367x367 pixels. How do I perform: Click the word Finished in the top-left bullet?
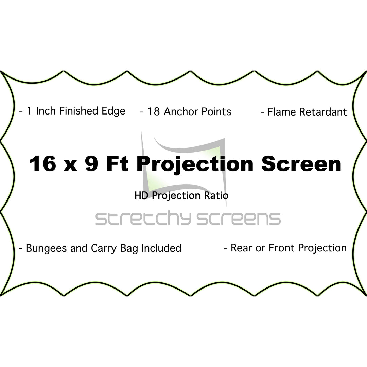point(78,111)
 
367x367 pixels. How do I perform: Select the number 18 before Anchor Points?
point(153,112)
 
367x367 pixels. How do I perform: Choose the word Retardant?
point(323,112)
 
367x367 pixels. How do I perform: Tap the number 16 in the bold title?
point(43,163)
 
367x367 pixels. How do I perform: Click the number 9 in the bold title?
point(91,163)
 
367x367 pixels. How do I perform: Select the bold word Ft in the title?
point(117,163)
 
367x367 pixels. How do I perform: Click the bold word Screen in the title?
point(301,163)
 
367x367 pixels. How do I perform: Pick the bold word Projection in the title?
point(195,165)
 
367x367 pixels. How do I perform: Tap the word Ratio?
point(216,196)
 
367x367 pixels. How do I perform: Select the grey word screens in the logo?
point(239,219)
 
